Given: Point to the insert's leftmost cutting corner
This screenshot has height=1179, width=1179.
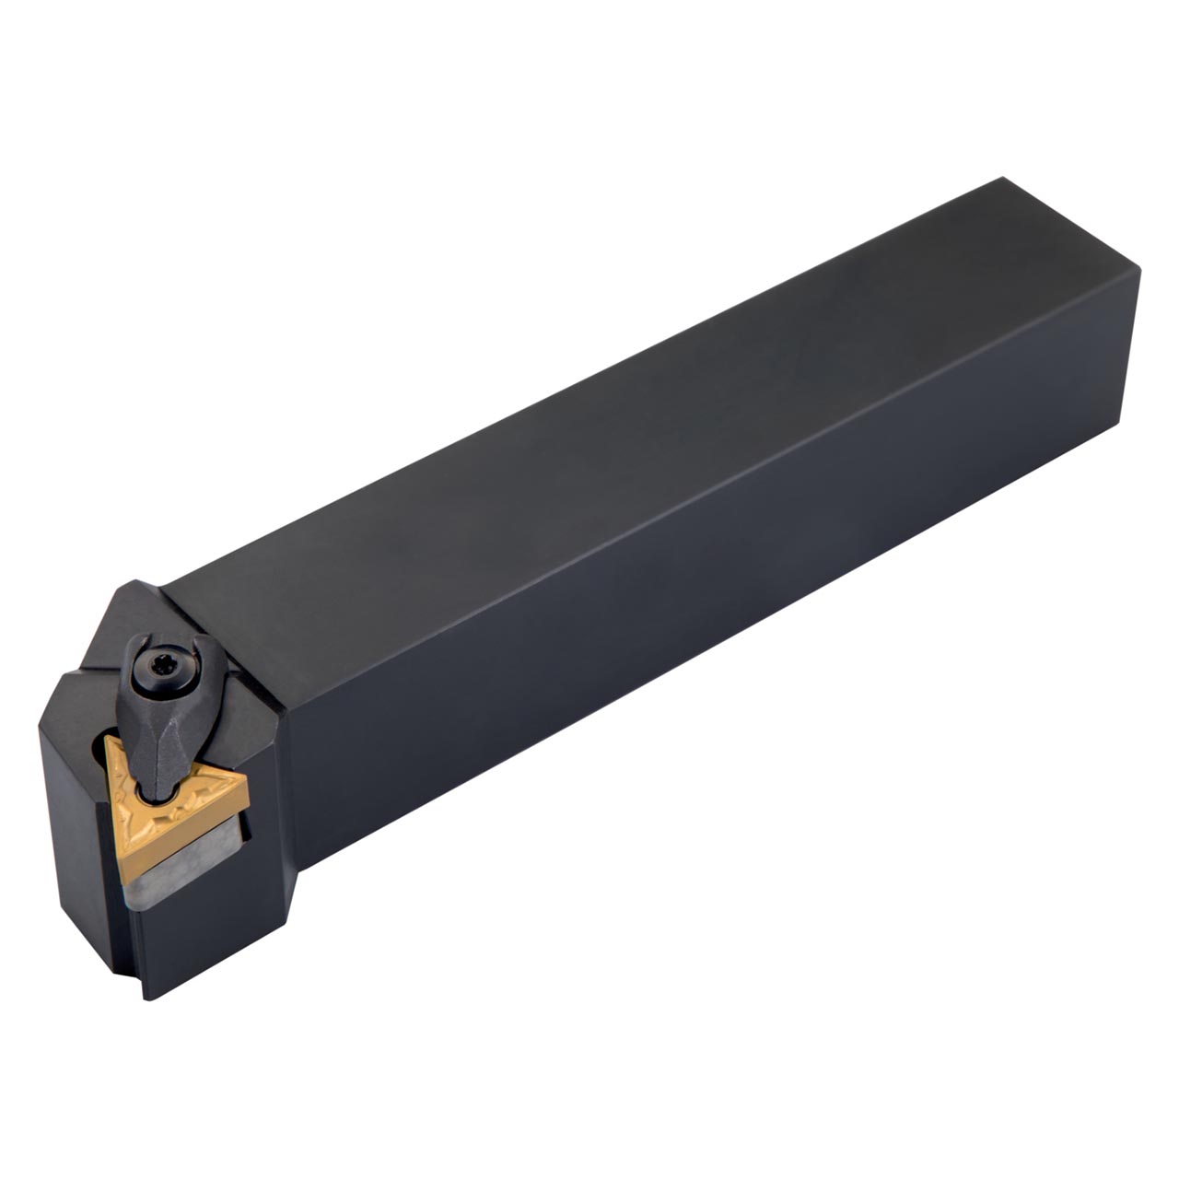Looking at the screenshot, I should tap(106, 737).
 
